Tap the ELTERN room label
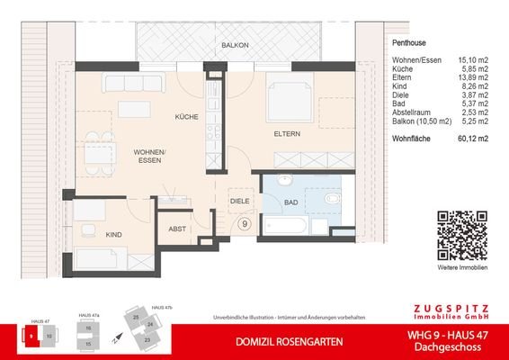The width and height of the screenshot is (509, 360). tap(286, 133)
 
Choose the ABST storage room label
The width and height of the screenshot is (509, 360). tap(176, 229)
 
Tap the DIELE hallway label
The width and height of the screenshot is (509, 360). tap(238, 202)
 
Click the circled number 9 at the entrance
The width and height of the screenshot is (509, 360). tap(244, 224)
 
